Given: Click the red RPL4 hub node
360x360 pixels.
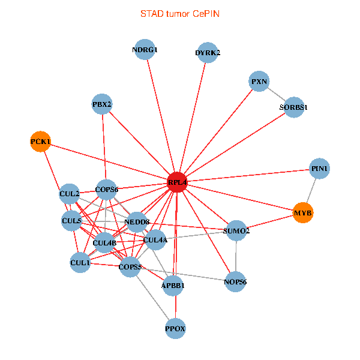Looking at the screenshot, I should coord(177,181).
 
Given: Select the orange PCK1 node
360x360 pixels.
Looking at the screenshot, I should coord(40,142).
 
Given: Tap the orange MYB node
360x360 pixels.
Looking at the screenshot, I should coord(303,213).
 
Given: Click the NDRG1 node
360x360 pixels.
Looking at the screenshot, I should coord(145,50).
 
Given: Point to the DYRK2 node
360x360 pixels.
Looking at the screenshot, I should coord(208,53).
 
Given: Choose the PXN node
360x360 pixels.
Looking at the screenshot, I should coord(259,82).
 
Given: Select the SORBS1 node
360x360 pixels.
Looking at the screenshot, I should coord(293,107).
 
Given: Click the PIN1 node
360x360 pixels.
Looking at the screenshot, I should coord(319,169).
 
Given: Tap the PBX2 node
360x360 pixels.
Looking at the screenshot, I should coord(103,104).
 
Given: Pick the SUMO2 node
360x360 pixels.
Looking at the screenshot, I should coord(236,230).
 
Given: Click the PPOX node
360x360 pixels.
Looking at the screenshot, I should coord(175,328).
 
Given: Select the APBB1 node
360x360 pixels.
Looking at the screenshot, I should coord(173,286).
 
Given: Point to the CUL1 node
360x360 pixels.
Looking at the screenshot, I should coord(80,262).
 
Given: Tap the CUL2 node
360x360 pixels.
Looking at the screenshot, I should coord(70,194).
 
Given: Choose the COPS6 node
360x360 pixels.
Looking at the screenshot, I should coord(106,190).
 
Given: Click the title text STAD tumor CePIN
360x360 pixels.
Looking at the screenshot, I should coord(180,13).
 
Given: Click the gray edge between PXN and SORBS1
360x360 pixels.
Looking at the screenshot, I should coord(276,94).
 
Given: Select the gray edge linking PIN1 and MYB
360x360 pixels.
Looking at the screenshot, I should coord(311,191).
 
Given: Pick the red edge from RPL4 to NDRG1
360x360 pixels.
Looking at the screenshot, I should coord(161,116).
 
